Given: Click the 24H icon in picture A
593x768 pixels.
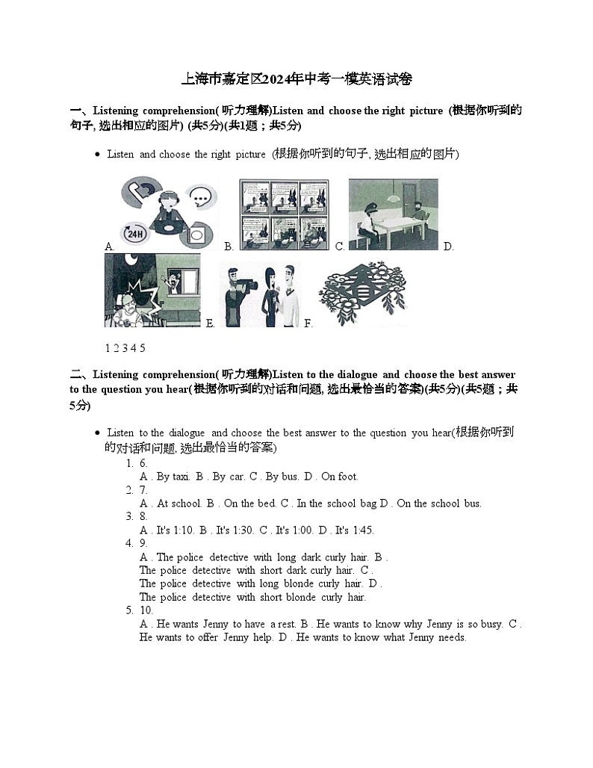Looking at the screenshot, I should pyautogui.click(x=134, y=234).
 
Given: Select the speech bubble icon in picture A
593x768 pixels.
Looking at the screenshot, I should pyautogui.click(x=201, y=197).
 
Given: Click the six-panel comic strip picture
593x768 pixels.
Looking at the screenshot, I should pyautogui.click(x=285, y=214).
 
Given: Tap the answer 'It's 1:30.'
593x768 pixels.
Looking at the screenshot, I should pyautogui.click(x=233, y=530).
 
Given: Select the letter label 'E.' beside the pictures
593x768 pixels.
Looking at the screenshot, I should pyautogui.click(x=210, y=323).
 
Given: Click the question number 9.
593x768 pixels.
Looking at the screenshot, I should pyautogui.click(x=143, y=543).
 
